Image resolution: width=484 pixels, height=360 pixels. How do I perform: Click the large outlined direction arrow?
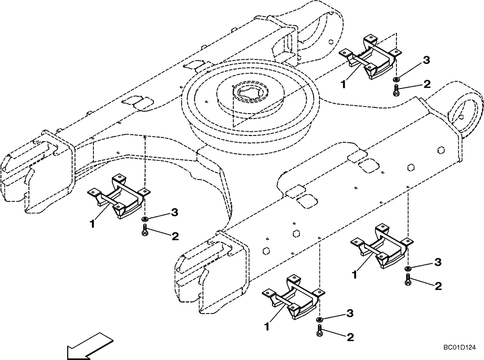pyautogui.click(x=88, y=345)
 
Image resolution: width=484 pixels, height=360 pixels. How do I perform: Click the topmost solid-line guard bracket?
pyautogui.click(x=372, y=57)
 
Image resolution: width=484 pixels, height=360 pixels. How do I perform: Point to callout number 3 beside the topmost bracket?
pyautogui.click(x=426, y=60)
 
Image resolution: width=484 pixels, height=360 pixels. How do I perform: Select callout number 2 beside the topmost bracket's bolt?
pyautogui.click(x=426, y=84)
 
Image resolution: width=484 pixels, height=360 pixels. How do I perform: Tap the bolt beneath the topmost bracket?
pyautogui.click(x=396, y=89)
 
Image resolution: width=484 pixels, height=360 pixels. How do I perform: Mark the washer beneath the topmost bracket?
pyautogui.click(x=396, y=79)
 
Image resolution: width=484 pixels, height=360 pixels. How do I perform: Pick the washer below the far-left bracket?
pyautogui.click(x=145, y=220)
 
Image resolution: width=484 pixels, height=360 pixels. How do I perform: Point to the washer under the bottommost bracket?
pyautogui.click(x=319, y=320)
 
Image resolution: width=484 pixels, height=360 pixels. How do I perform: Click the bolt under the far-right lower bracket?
pyautogui.click(x=408, y=279)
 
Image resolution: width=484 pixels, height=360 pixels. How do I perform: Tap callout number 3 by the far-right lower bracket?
pyautogui.click(x=438, y=262)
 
